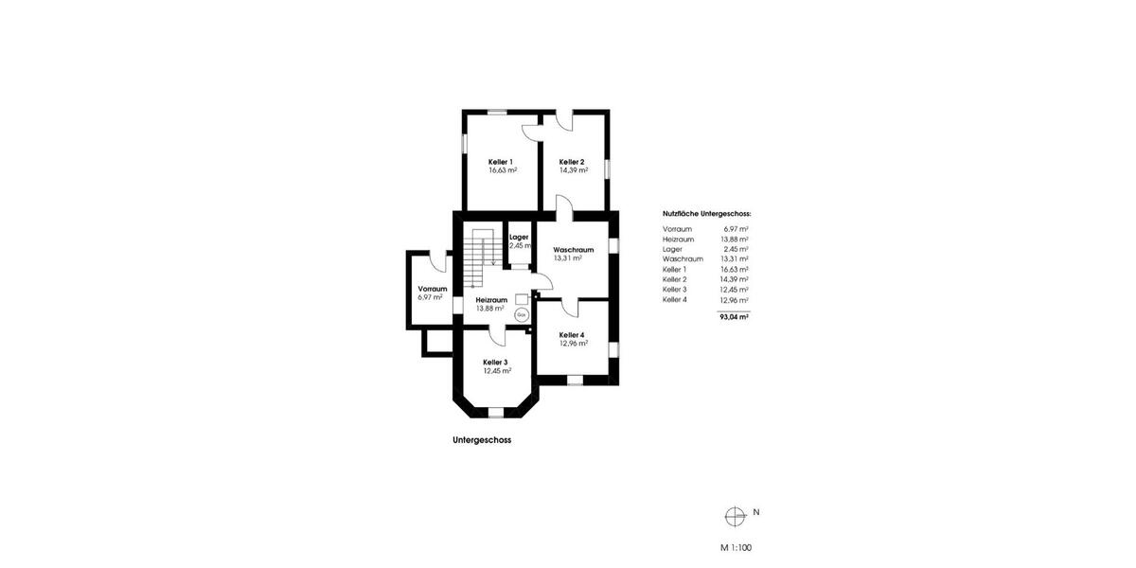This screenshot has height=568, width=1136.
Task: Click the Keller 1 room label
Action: pyautogui.click(x=501, y=162)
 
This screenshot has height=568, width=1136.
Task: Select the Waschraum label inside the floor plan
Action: pyautogui.click(x=574, y=250)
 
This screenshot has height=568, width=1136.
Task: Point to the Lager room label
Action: pyautogui.click(x=519, y=237)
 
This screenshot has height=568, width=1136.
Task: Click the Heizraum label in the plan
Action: pyautogui.click(x=489, y=300)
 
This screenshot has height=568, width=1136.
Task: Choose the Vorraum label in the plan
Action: pyautogui.click(x=432, y=289)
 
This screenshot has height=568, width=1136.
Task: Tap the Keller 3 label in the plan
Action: pyautogui.click(x=495, y=363)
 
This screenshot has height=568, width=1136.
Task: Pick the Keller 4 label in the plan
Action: pyautogui.click(x=572, y=335)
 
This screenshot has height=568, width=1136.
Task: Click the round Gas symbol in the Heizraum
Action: pyautogui.click(x=521, y=313)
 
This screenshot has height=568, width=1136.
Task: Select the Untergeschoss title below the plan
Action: pyautogui.click(x=482, y=440)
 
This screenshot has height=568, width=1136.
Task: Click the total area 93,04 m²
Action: pyautogui.click(x=734, y=318)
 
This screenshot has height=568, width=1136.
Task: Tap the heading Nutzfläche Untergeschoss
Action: pyautogui.click(x=706, y=215)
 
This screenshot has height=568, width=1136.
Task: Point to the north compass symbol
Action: pyautogui.click(x=734, y=516)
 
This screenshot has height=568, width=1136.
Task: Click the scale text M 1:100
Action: pyautogui.click(x=736, y=547)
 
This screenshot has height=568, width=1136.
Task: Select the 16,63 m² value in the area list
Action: pyautogui.click(x=736, y=269)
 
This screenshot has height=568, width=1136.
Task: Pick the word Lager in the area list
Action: pyautogui.click(x=672, y=249)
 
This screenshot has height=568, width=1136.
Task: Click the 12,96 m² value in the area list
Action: pyautogui.click(x=736, y=299)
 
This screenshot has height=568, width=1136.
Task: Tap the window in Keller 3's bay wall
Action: pyautogui.click(x=495, y=411)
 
